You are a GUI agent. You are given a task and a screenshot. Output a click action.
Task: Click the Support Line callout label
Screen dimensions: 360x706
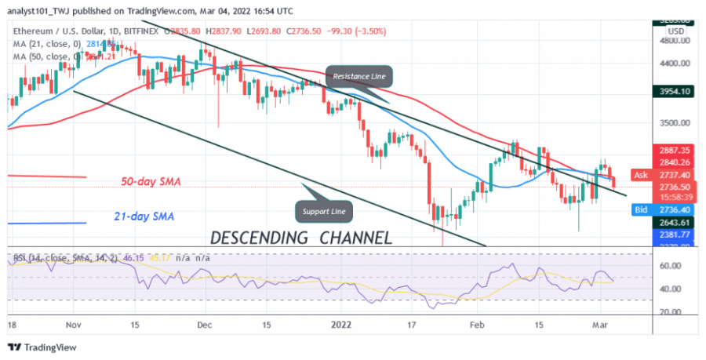point(323,211)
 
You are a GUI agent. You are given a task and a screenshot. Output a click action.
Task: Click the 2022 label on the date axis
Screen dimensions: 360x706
point(342,323)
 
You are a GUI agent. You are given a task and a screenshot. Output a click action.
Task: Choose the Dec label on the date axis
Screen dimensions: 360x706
point(205,323)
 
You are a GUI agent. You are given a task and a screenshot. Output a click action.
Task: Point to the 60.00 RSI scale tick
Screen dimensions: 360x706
point(669,266)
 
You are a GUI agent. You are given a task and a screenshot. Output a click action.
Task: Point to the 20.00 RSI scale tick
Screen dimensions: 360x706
point(669,312)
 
